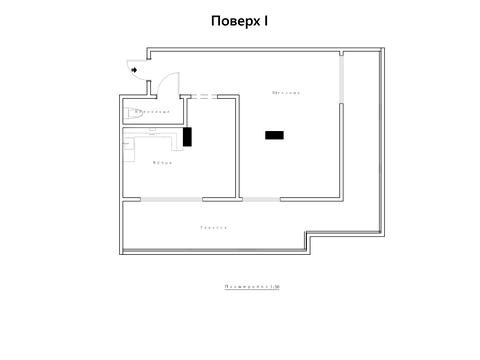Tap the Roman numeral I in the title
point(267,20)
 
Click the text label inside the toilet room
point(153,112)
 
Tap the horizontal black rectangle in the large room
point(274,134)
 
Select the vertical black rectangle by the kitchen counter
point(187,136)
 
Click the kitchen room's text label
point(162,162)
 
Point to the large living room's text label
point(287,93)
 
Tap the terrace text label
point(213,228)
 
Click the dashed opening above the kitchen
point(201,97)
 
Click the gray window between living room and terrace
point(262,199)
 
